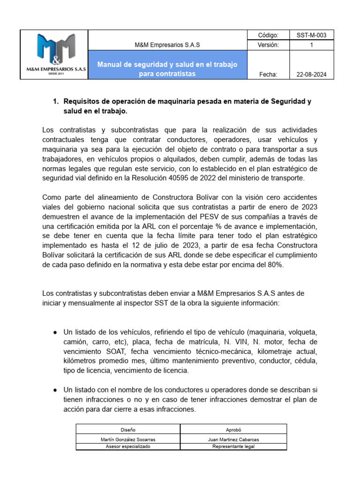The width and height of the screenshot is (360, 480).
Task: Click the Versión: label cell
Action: point(268,45)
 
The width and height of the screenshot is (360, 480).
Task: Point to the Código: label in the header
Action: point(268,35)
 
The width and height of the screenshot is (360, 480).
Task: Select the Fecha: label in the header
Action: point(268,75)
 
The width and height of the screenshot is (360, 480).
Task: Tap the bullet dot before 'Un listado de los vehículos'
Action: point(55,332)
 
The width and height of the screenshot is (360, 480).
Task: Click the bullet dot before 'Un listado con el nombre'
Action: point(55,390)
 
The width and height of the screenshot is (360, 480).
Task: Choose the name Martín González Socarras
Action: point(127,439)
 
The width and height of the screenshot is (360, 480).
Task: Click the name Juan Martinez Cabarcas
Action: point(233,439)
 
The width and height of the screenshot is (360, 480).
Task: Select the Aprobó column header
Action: point(233,429)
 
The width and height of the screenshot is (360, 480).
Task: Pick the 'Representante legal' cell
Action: point(233,447)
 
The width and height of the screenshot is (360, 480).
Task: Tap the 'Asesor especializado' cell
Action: point(127,447)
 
